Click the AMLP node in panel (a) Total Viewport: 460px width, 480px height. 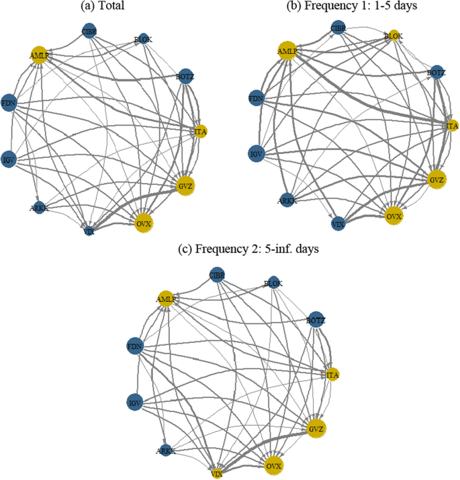click(37, 55)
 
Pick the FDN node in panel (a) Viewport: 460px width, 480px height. click(9, 103)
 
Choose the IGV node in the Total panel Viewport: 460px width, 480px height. click(9, 159)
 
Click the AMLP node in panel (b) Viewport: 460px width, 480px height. click(287, 50)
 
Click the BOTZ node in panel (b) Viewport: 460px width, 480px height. click(436, 72)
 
